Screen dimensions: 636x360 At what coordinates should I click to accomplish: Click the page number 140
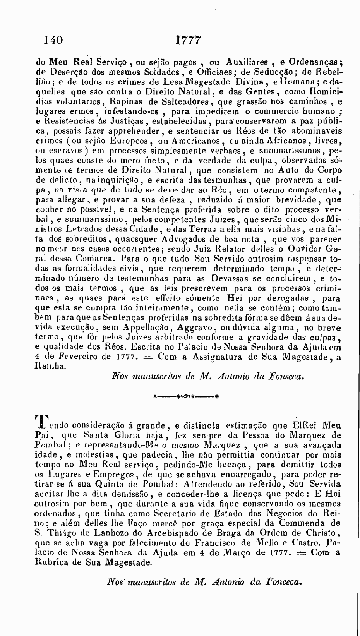(53, 40)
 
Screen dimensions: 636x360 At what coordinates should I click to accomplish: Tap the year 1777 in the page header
(188, 40)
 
